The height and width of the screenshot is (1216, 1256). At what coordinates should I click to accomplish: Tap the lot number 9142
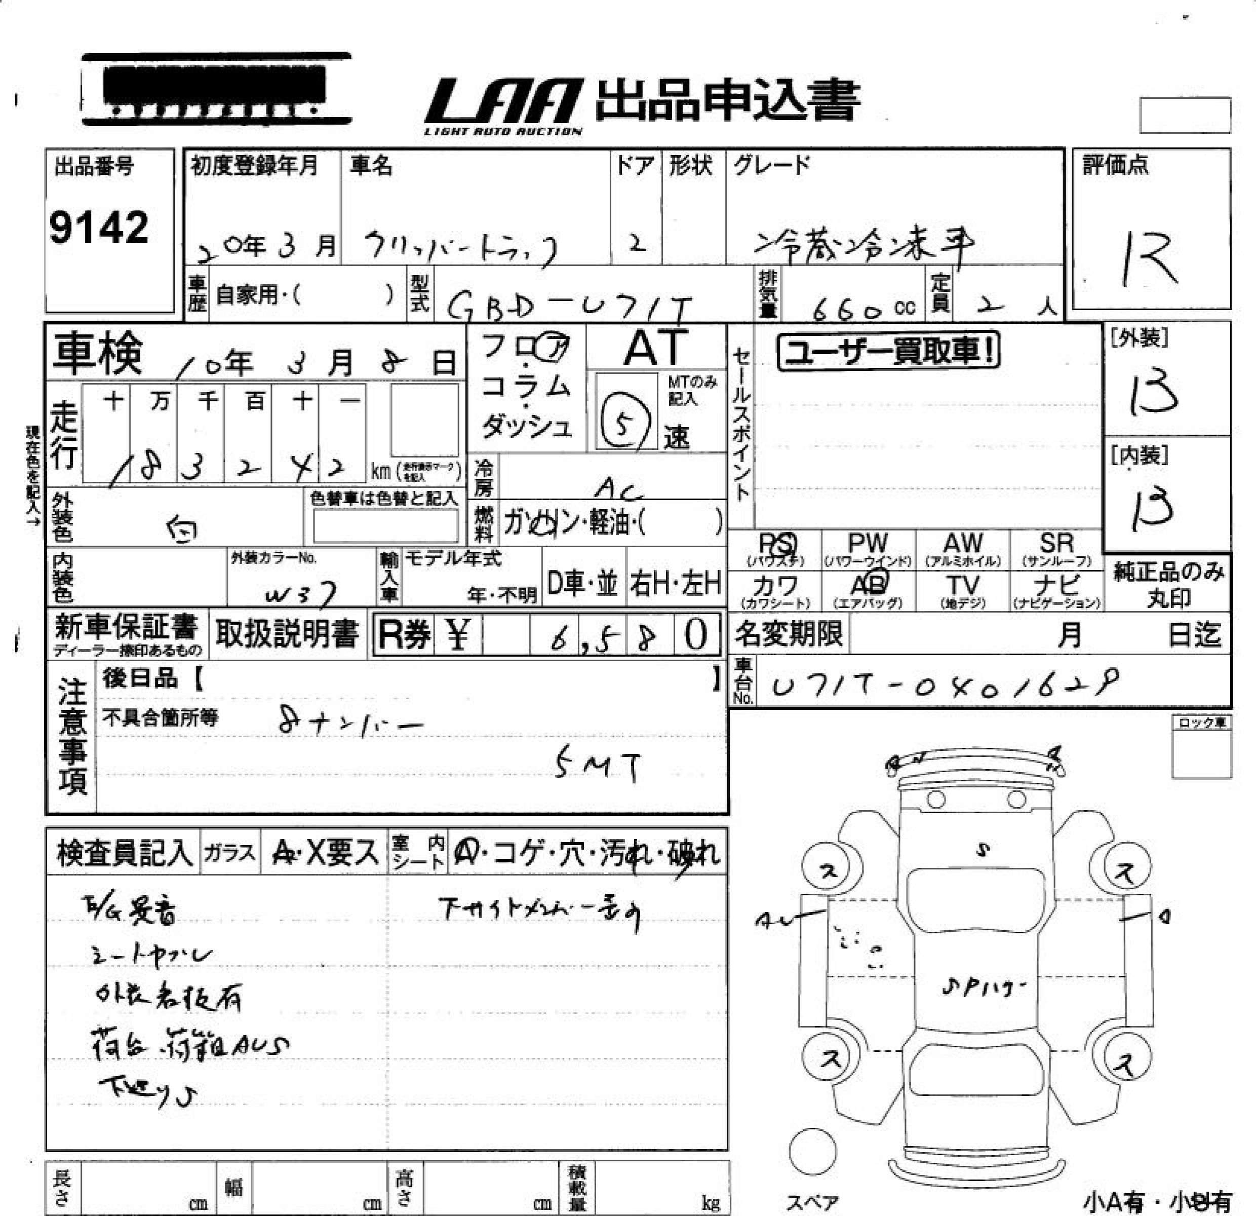tap(99, 227)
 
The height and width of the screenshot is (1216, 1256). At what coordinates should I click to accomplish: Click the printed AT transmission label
tap(655, 348)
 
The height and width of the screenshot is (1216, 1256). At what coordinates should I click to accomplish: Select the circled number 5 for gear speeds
tap(623, 423)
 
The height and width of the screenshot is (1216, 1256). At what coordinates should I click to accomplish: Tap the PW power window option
tap(868, 549)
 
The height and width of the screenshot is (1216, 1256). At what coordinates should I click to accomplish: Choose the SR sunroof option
tap(1056, 549)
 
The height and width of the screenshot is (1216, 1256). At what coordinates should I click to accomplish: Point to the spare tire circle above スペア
tap(812, 1151)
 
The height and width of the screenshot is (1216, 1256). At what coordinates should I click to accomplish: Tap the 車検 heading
tap(97, 355)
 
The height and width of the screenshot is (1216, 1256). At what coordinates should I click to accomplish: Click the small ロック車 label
tap(1201, 723)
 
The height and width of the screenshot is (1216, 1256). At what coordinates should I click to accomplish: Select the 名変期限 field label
tap(788, 634)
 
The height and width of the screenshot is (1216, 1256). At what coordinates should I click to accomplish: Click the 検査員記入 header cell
tap(124, 853)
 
